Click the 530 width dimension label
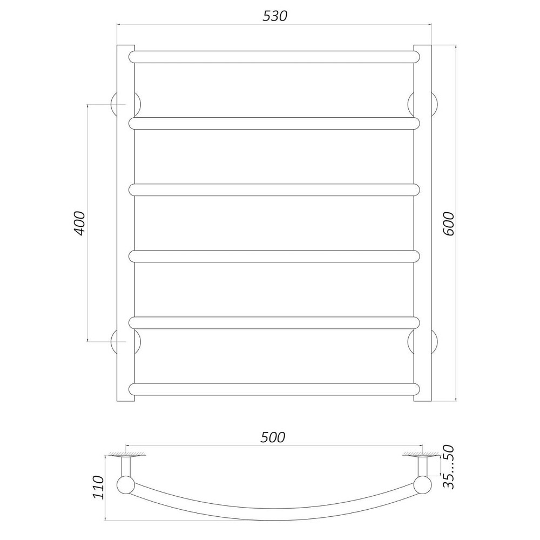(x=275, y=16)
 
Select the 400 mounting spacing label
(x=79, y=222)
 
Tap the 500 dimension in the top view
(x=273, y=437)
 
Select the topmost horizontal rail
(x=274, y=57)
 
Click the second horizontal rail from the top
(x=274, y=123)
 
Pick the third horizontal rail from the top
(x=274, y=190)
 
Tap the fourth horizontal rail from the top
(x=274, y=256)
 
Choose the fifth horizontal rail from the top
(x=274, y=322)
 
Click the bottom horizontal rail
(x=274, y=388)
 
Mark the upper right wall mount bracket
(x=435, y=104)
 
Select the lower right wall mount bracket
(x=435, y=341)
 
